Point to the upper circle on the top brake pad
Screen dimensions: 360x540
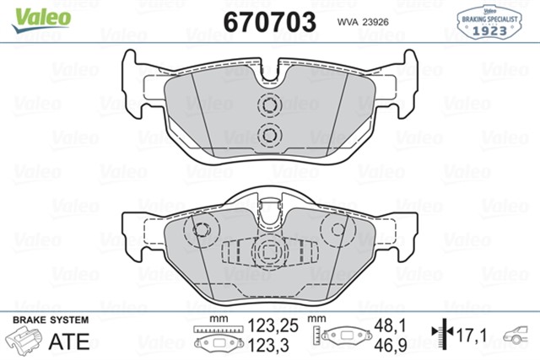pos(270,106)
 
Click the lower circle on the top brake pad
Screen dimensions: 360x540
pos(270,134)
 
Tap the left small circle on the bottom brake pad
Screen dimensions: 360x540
pos(201,230)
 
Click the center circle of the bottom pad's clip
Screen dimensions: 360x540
pos(270,251)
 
